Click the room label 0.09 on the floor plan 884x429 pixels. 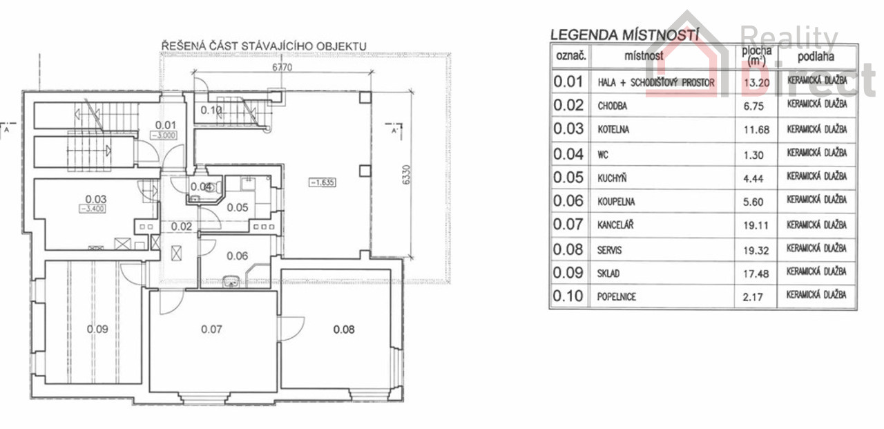pos(97,329)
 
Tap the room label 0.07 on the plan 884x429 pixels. pos(211,329)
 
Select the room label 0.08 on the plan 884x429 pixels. pos(344,329)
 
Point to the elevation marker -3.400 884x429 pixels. pos(93,209)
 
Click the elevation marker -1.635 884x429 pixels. pos(323,182)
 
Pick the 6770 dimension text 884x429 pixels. pos(282,68)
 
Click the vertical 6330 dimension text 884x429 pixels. pos(407,175)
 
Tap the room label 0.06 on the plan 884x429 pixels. pos(237,256)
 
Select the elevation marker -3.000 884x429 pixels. pos(164,135)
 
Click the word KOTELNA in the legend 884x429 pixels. pos(613,129)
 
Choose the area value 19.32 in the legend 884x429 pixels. pos(756,251)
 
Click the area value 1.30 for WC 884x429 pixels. pos(753,155)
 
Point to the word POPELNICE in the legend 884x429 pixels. pos(617,297)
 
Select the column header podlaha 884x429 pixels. pos(816,57)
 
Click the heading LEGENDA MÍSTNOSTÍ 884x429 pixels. pos(624,35)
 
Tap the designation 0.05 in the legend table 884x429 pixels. pos(568,178)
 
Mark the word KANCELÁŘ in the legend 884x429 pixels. pos(615,225)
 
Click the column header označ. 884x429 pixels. pos(570,56)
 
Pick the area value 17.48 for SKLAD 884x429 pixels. pos(756,274)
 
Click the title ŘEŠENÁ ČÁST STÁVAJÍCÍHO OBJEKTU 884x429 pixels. pos(264,46)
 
